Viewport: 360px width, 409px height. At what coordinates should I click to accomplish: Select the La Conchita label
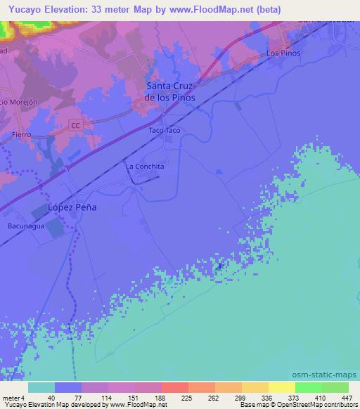pos(145,167)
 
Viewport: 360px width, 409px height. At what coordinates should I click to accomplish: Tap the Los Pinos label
pos(284,53)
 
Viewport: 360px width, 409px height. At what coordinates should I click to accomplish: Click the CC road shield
pos(76,125)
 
